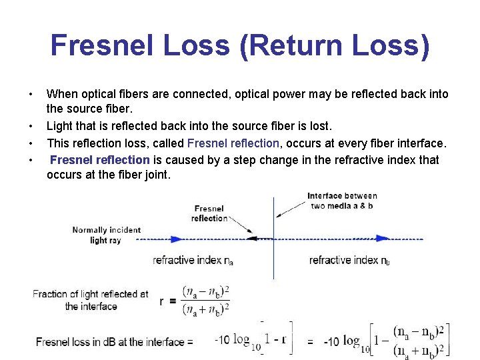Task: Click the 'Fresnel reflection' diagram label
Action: (x=209, y=213)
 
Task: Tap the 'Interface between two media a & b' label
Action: (x=342, y=201)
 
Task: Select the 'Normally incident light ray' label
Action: (x=107, y=235)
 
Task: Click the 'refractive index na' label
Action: (x=193, y=260)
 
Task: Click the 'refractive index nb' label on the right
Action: (x=349, y=260)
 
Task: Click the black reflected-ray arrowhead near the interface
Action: (x=251, y=237)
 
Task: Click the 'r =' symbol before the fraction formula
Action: (x=168, y=301)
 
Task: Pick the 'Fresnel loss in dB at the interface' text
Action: (x=115, y=342)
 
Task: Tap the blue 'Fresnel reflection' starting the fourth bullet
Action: (x=99, y=159)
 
